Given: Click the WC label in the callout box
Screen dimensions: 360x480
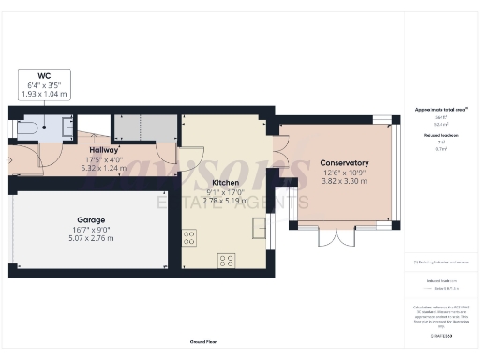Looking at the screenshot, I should tap(43, 75).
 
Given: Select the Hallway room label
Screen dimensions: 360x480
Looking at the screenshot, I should tap(103, 149).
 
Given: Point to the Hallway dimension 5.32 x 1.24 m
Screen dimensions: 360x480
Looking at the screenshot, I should tap(103, 167).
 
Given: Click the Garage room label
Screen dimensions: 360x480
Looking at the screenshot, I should tap(91, 220).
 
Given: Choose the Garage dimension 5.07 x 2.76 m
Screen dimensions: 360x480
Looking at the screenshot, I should tap(91, 238).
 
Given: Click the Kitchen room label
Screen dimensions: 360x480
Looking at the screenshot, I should tap(225, 183).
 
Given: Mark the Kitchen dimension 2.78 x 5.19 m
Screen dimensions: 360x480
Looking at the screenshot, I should tap(225, 201).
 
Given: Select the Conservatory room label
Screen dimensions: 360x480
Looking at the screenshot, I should tap(344, 163).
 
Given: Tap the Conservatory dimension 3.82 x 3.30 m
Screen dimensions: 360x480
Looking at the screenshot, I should tap(344, 181).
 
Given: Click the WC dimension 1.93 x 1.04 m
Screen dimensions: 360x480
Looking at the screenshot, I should tap(43, 95).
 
